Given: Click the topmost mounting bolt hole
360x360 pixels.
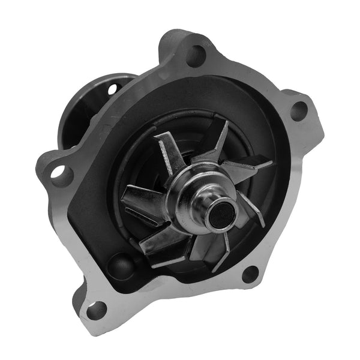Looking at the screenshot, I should click(x=195, y=55).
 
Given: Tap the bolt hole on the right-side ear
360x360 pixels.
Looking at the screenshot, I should click(x=298, y=110).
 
